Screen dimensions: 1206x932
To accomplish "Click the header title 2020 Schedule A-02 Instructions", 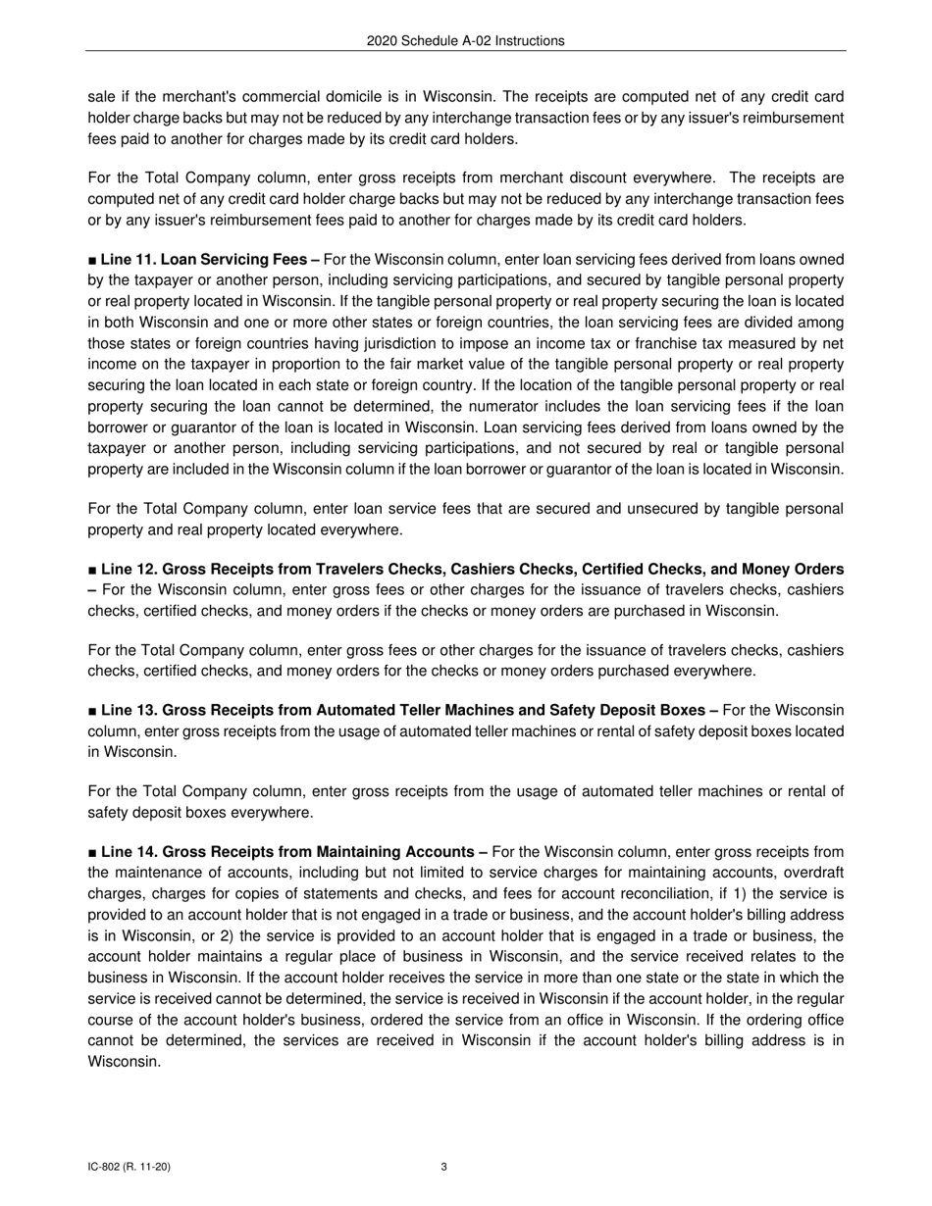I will tap(465, 41).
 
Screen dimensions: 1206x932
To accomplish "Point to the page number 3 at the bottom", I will tap(444, 1167).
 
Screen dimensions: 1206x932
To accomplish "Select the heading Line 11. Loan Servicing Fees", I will tap(204, 260).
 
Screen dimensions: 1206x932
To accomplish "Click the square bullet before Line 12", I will tap(92, 570).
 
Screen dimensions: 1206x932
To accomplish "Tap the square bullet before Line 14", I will tap(92, 852).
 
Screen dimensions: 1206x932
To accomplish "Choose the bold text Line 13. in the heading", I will tap(129, 710).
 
